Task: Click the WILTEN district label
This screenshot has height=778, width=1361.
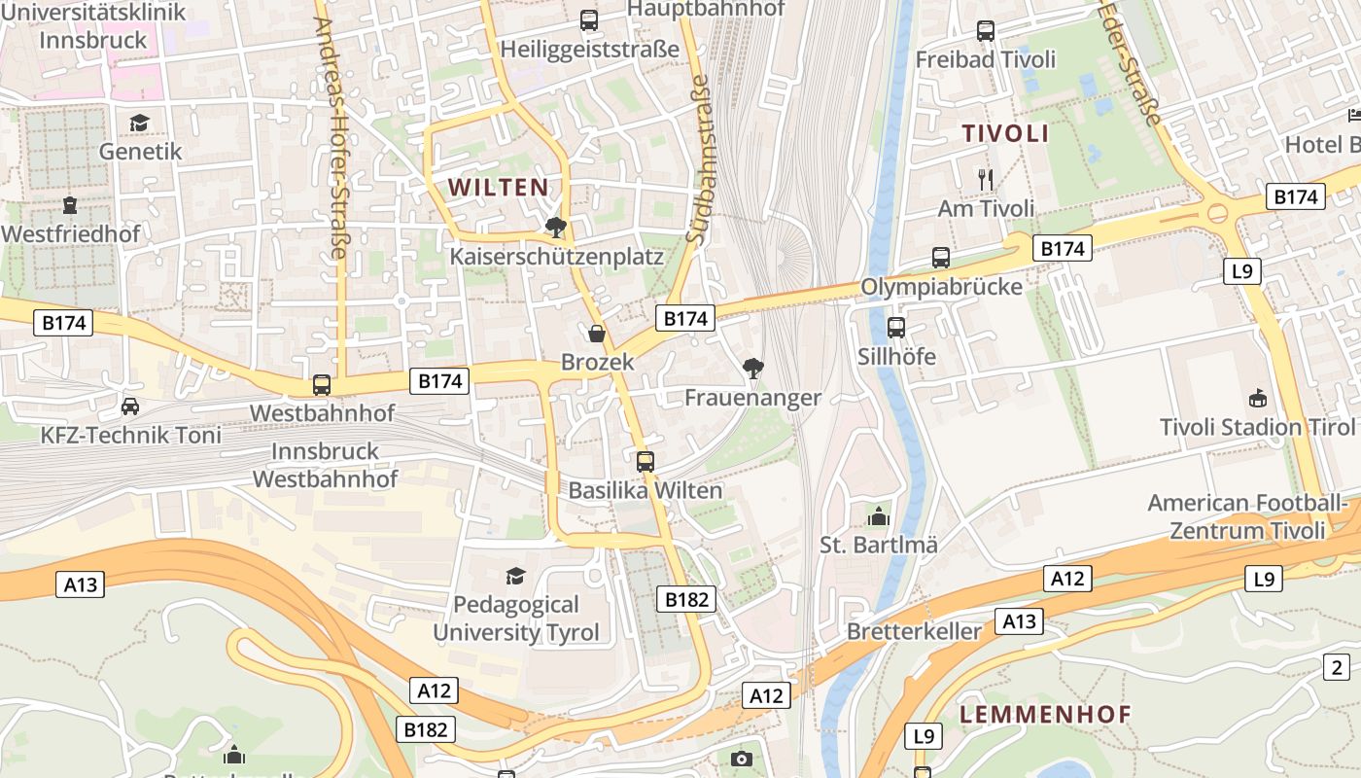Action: click(498, 187)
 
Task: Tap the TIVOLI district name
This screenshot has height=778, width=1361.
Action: click(1005, 133)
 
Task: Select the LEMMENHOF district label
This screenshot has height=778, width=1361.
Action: click(1045, 714)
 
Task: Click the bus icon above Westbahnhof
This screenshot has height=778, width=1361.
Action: click(322, 385)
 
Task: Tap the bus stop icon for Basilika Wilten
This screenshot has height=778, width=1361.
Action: click(646, 462)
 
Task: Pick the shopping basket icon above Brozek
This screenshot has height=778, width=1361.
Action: click(597, 334)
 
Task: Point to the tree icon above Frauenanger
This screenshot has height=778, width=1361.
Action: click(752, 368)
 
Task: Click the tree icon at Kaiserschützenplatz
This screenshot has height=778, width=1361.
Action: click(556, 228)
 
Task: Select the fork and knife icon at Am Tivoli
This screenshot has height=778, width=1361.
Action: click(986, 179)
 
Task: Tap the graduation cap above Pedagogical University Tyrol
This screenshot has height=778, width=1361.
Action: click(515, 576)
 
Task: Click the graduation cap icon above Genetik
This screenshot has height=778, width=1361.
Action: click(140, 123)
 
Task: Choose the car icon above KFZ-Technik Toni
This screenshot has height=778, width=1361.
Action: click(130, 406)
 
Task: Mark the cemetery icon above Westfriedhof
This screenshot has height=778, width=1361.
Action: click(70, 205)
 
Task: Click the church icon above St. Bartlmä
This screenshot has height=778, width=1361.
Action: click(879, 515)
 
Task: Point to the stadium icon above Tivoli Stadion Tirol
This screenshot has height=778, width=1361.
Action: click(1258, 398)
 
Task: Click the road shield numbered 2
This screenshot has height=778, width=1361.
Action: click(1338, 667)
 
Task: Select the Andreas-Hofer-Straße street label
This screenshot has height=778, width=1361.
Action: click(331, 137)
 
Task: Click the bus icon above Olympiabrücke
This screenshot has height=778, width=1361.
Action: click(940, 258)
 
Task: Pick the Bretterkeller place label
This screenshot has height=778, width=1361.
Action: click(914, 631)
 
